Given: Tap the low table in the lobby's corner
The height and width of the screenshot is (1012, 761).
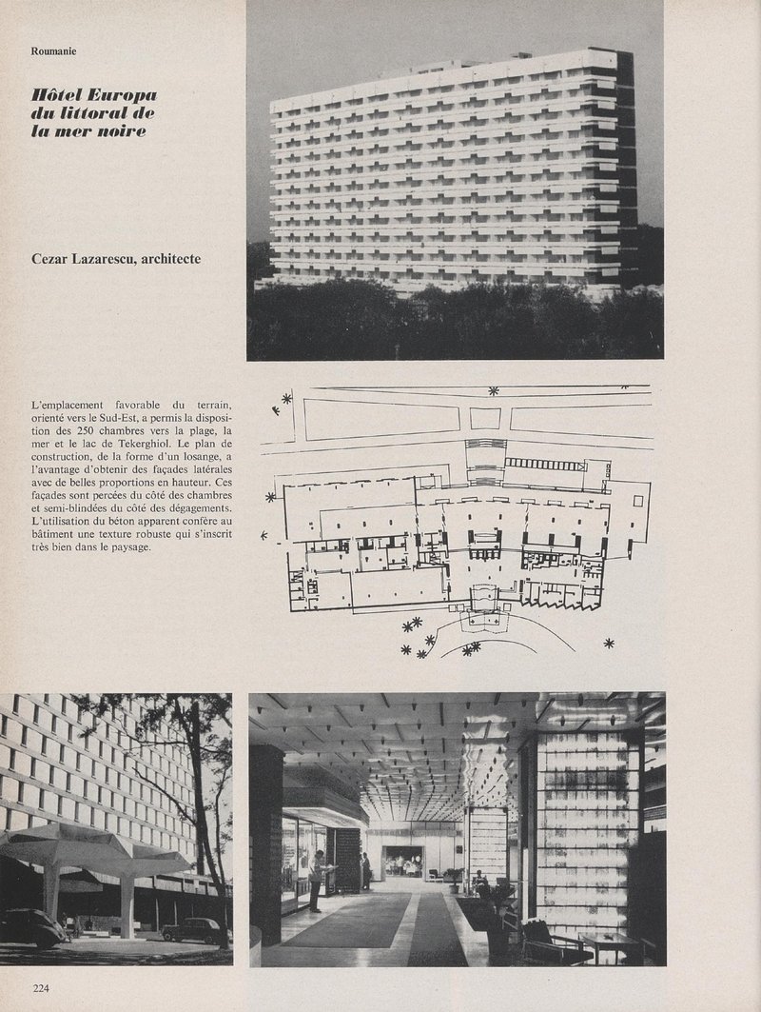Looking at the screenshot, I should pos(610,943).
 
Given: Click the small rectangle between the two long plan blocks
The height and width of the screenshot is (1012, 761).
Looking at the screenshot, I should pos(485,417).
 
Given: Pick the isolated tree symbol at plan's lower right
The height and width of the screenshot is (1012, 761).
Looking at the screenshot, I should pos(610,644).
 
